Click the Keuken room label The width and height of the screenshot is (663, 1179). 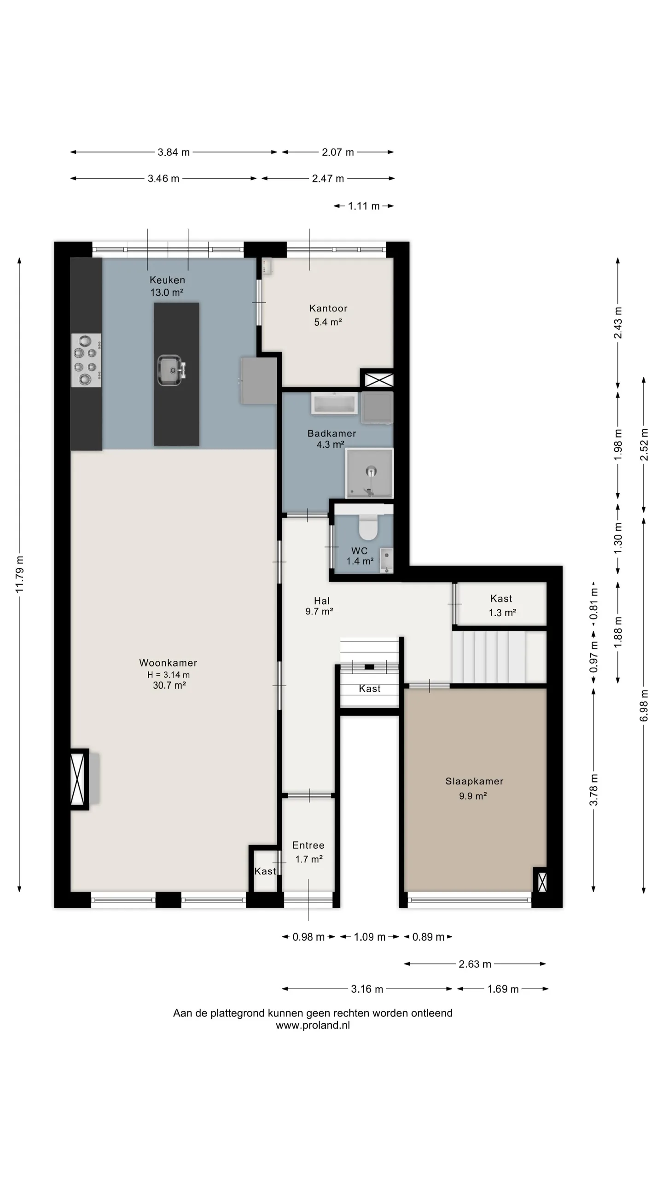point(167,280)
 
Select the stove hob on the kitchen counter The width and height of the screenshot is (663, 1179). point(87,360)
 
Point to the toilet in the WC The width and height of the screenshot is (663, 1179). point(368,527)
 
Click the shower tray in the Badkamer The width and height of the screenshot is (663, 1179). point(370,473)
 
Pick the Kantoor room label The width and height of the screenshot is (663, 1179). point(328,309)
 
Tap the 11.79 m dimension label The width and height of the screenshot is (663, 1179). point(19,574)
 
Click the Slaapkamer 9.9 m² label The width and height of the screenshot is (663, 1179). point(474,788)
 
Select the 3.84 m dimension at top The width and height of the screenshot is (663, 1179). point(174,152)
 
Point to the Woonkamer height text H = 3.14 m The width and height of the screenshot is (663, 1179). point(169,675)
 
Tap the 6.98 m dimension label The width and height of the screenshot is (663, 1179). point(644,706)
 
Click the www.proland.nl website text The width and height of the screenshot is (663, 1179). point(313,1025)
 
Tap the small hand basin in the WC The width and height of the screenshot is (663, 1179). point(387,560)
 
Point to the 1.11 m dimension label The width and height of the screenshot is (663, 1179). point(364,206)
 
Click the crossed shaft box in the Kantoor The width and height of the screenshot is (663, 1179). point(379,380)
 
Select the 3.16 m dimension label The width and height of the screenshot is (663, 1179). point(367,989)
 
